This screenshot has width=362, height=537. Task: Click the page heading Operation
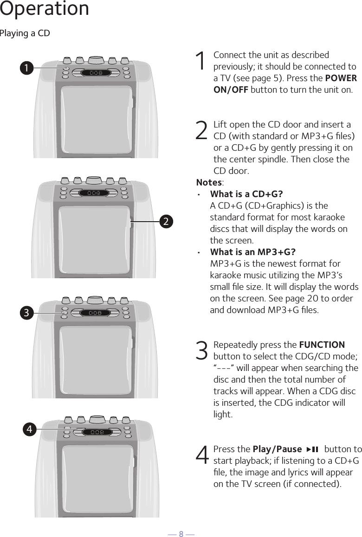pyautogui.click(x=45, y=9)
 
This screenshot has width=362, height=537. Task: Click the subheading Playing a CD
pyautogui.click(x=25, y=34)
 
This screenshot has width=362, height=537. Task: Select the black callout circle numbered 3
pyautogui.click(x=26, y=313)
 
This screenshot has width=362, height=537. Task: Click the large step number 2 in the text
pyautogui.click(x=202, y=131)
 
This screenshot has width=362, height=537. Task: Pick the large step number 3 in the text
pyautogui.click(x=202, y=351)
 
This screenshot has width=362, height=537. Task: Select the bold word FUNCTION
pyautogui.click(x=322, y=345)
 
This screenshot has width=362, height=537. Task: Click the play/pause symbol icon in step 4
pyautogui.click(x=312, y=449)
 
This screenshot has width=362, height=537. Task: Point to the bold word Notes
pyautogui.click(x=209, y=182)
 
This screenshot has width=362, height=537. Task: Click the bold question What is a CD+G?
pyautogui.click(x=246, y=194)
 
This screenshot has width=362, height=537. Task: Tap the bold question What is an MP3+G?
pyautogui.click(x=253, y=252)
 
